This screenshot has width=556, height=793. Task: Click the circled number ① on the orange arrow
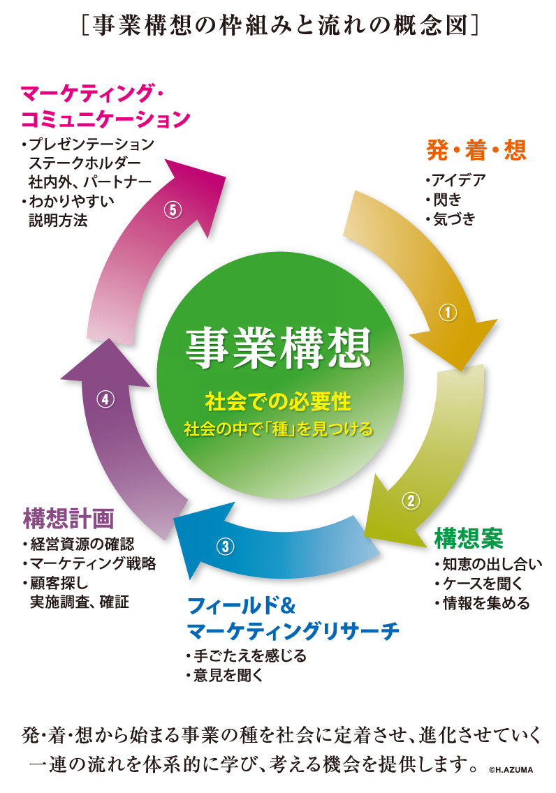tap(447, 313)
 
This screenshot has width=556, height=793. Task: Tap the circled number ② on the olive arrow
tap(411, 500)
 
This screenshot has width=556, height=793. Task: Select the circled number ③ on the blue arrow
tap(224, 547)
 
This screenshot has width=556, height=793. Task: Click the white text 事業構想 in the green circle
tap(278, 348)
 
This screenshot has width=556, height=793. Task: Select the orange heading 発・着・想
tap(476, 149)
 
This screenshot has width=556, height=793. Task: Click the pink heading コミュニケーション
tap(105, 119)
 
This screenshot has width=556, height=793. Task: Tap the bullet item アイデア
tap(458, 179)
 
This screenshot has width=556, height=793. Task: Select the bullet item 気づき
tap(453, 218)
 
